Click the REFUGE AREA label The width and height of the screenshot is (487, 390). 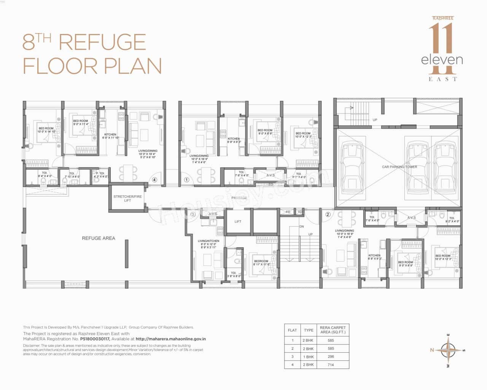pyautogui.click(x=98, y=238)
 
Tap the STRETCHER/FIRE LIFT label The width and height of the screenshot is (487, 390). pyautogui.click(x=127, y=198)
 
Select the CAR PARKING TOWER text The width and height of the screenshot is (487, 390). pyautogui.click(x=399, y=167)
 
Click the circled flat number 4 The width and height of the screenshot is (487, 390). pyautogui.click(x=154, y=180)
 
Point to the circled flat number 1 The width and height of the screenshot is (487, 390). pyautogui.click(x=186, y=180)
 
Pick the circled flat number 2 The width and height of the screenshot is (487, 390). pyautogui.click(x=328, y=214)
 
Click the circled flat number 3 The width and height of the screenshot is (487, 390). pyautogui.click(x=193, y=214)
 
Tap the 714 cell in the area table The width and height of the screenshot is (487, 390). pyautogui.click(x=331, y=365)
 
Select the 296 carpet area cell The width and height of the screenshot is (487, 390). pyautogui.click(x=331, y=357)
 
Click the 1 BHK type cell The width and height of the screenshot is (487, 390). pyautogui.click(x=309, y=357)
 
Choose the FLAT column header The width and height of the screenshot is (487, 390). pyautogui.click(x=292, y=330)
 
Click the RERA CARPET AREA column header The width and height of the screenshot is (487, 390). pyautogui.click(x=333, y=330)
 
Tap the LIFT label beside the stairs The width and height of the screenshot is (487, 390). pyautogui.click(x=238, y=222)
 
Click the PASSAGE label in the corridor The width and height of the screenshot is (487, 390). pyautogui.click(x=239, y=198)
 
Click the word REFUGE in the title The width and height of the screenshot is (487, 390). pyautogui.click(x=102, y=42)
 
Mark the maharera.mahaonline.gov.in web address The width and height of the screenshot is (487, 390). pyautogui.click(x=171, y=339)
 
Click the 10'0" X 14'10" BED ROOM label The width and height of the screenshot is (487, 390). pyautogui.click(x=46, y=130)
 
